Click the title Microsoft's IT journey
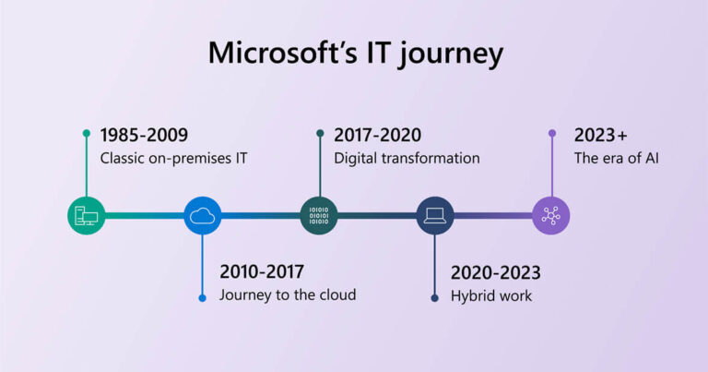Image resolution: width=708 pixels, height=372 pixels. pos(355,52)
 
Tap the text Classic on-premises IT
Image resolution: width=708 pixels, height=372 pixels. pos(174,158)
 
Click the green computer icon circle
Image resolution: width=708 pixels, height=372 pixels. pos(86,216)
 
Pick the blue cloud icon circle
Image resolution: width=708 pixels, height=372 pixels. pos(202,216)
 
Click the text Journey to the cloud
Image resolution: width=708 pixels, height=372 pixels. pos(288,295)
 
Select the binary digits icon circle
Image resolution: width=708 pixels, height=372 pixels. pos(319,216)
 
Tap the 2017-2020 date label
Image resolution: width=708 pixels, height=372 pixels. pos(379,135)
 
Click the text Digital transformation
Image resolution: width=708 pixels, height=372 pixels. pos(407,158)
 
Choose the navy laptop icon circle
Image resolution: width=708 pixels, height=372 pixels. pos(435,216)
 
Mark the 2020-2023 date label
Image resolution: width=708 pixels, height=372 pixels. pos(495,272)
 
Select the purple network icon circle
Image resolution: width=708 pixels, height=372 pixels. pos(551,216)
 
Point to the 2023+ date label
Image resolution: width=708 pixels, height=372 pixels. pos(601,135)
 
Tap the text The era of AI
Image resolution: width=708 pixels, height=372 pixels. pos(617,158)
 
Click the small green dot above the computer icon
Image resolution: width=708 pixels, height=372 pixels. pos(86,133)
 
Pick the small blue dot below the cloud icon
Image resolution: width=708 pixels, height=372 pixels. pos(202,297)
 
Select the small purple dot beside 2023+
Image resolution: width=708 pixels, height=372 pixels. pos(551,133)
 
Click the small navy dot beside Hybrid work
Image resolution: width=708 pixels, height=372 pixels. pos(435,297)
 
